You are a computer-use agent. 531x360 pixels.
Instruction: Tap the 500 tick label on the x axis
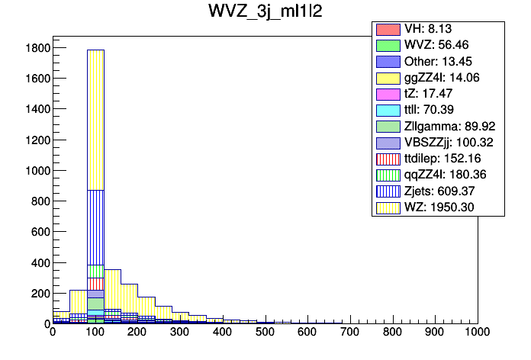[x=265, y=333]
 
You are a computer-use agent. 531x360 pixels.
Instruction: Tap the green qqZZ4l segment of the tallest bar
[x=95, y=271]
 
